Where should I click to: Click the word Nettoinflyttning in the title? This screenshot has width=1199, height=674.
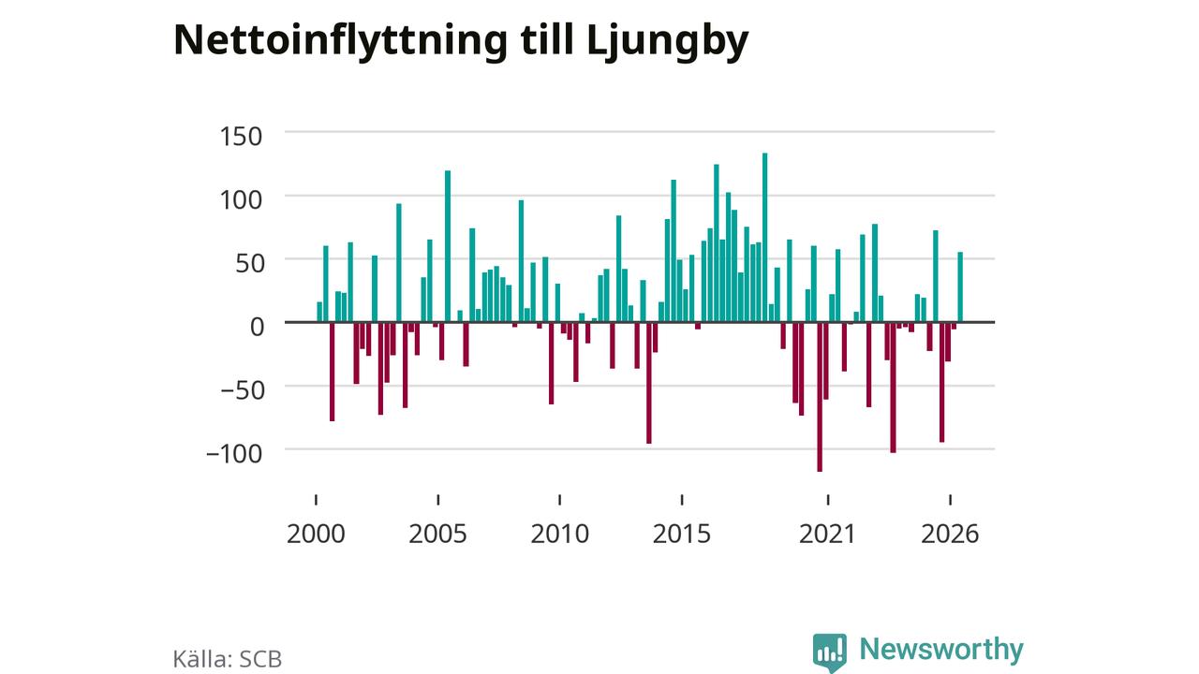[x=340, y=42]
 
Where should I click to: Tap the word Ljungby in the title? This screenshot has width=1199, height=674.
[x=668, y=42]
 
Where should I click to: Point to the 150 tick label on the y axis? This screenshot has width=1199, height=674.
[x=241, y=137]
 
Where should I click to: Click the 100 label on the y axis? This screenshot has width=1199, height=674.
[x=241, y=200]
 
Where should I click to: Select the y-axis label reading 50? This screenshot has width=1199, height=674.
[x=250, y=264]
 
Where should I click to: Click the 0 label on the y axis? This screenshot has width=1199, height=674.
[x=258, y=327]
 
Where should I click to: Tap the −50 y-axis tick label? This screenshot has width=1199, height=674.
[x=243, y=390]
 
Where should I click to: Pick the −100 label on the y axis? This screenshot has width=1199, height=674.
[x=234, y=454]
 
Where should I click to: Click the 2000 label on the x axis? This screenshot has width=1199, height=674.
[x=316, y=534]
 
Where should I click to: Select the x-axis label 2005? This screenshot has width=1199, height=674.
[x=437, y=534]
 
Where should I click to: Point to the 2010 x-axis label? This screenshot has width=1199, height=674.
[x=560, y=534]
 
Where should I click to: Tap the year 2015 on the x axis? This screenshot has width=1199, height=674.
[x=681, y=534]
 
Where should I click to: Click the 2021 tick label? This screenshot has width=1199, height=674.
[x=827, y=534]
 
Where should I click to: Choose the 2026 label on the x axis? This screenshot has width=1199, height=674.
[x=950, y=534]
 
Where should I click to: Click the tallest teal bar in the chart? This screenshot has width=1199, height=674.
[x=765, y=238]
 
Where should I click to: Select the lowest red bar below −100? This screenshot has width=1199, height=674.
[x=820, y=397]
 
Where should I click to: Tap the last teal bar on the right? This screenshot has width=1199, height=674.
[x=960, y=287]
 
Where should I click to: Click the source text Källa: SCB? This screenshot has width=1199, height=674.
[x=228, y=659]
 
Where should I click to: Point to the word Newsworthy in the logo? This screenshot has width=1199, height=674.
[x=941, y=650]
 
